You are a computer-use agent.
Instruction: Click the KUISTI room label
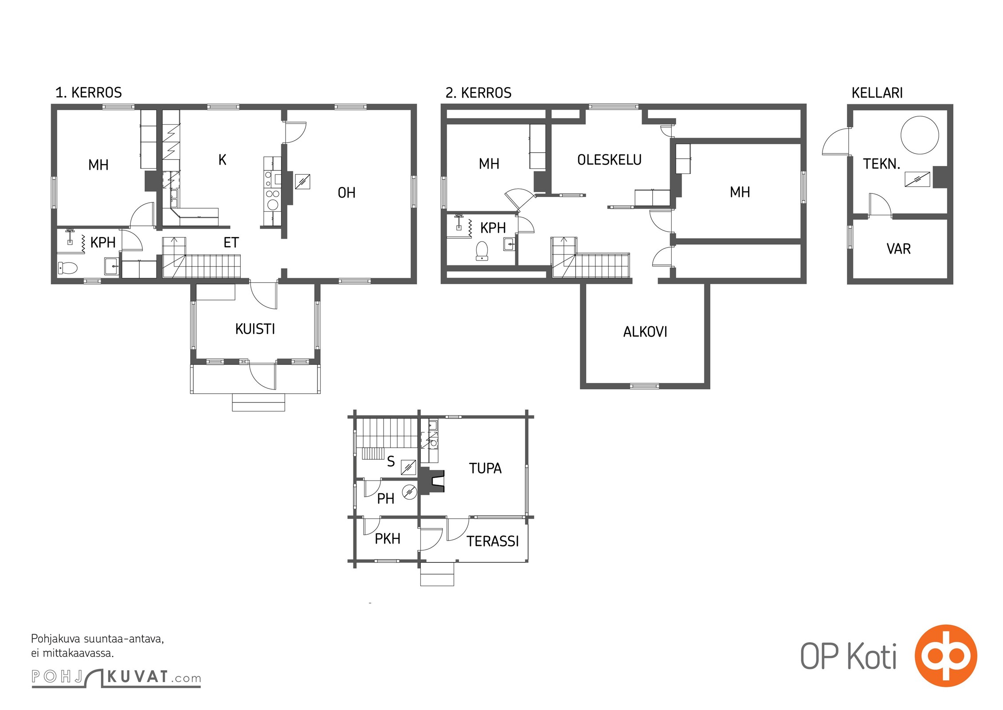(x=255, y=329)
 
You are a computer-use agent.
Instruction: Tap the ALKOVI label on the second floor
(x=645, y=332)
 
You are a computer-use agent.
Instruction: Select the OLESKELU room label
(x=609, y=160)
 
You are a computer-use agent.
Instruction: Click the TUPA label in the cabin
(x=486, y=468)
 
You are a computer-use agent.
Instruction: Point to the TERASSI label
(x=493, y=541)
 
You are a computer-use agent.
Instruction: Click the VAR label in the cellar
(x=898, y=249)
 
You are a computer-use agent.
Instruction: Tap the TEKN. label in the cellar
(x=882, y=164)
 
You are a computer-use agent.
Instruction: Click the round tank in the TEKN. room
(x=920, y=135)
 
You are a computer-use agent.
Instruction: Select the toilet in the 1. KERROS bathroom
(x=67, y=268)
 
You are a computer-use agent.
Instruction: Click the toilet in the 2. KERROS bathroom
(x=482, y=251)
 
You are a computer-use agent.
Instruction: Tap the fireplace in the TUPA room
(x=433, y=481)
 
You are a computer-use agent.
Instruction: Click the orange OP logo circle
(x=946, y=656)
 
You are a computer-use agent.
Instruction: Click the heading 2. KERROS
(x=478, y=93)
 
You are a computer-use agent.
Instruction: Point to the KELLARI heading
(x=877, y=93)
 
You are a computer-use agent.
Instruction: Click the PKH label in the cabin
(x=388, y=539)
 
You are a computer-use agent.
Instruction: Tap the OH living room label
(x=346, y=193)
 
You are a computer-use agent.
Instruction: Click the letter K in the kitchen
(x=223, y=160)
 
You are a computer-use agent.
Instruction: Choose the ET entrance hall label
(x=231, y=243)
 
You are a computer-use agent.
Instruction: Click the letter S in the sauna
(x=391, y=461)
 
